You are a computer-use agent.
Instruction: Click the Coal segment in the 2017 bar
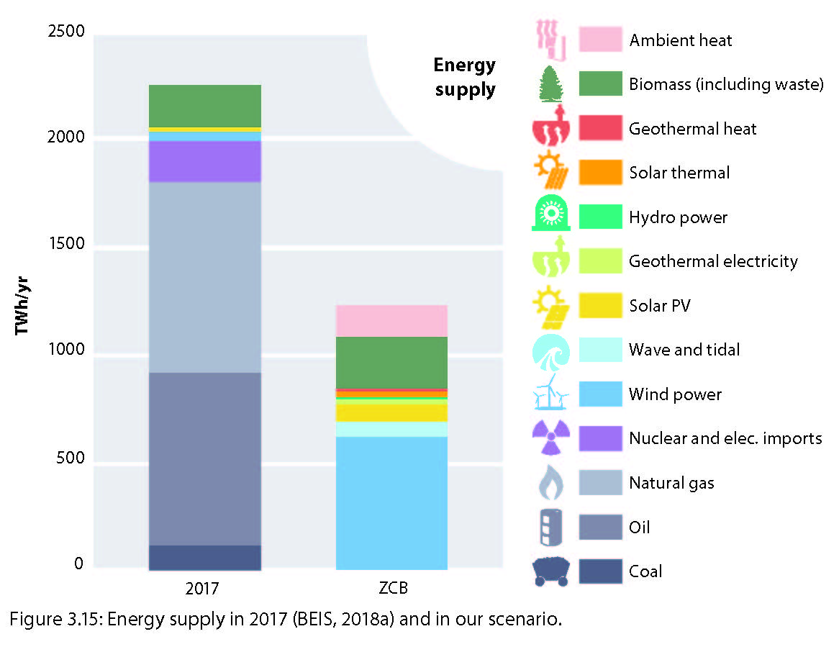click(204, 557)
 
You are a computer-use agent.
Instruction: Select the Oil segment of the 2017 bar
click(204, 458)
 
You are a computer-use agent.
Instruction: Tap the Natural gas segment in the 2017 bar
click(204, 277)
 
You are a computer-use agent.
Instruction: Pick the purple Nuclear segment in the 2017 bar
click(204, 161)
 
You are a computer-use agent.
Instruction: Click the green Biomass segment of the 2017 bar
click(204, 106)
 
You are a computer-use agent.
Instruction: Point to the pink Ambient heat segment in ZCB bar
click(391, 321)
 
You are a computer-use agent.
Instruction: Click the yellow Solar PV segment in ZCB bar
click(391, 412)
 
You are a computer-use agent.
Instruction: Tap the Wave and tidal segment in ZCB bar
click(391, 429)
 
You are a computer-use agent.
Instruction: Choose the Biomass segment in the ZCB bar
click(391, 362)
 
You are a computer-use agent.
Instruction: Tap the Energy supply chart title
click(464, 77)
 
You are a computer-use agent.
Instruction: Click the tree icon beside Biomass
click(550, 84)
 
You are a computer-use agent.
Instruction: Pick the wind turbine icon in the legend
click(550, 394)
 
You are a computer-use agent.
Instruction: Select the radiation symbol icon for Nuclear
click(550, 438)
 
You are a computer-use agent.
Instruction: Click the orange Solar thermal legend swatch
click(600, 173)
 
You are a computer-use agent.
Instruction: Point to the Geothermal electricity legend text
click(712, 261)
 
